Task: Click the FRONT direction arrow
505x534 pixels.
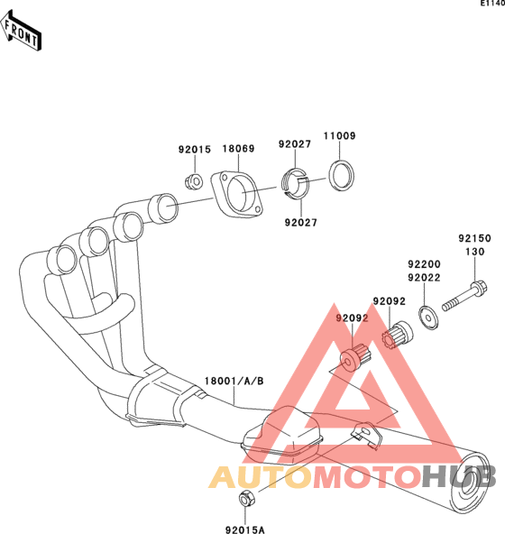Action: click(x=21, y=32)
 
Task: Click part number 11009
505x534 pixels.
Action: click(x=339, y=136)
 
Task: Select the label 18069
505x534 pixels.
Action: click(x=238, y=149)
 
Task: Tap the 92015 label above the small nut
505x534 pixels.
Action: click(x=195, y=150)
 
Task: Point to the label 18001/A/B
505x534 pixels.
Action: click(x=234, y=381)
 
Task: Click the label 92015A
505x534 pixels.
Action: click(x=245, y=529)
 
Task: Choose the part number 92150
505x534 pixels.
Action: click(x=474, y=238)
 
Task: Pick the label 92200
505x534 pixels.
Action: click(x=425, y=264)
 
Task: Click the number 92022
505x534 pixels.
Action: click(x=425, y=278)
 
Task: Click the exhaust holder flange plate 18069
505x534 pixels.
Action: click(x=237, y=194)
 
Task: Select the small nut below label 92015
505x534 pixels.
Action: click(x=195, y=181)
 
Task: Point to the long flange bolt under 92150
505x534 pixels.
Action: click(x=464, y=296)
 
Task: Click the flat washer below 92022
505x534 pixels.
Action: click(x=428, y=318)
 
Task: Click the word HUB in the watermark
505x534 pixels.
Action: click(x=459, y=477)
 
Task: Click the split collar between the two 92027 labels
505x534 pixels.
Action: click(x=295, y=184)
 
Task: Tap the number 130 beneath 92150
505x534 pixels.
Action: click(x=474, y=252)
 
